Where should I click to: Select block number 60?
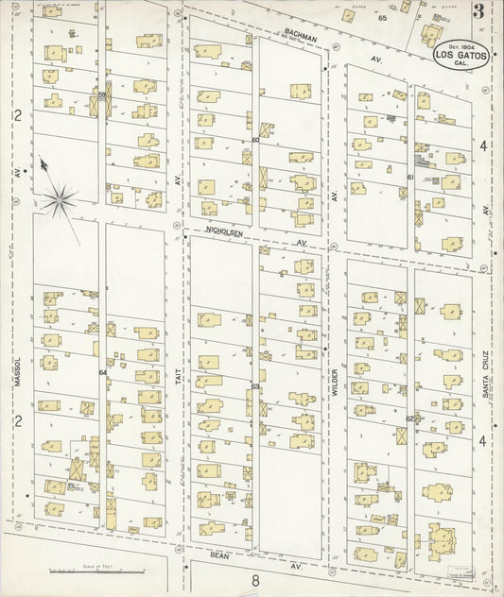255,140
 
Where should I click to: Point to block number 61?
410,177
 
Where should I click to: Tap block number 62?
410,418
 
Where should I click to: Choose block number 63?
255,386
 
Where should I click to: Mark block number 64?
102,373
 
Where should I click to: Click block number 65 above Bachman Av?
383,18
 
